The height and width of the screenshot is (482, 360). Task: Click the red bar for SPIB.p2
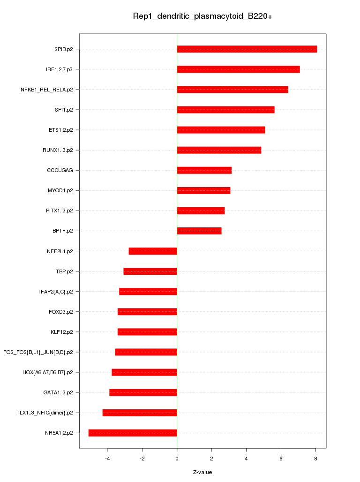(247, 49)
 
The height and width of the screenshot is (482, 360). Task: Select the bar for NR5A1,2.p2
(133, 433)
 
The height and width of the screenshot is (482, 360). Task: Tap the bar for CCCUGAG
(204, 170)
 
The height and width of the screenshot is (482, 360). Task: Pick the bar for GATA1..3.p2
(143, 392)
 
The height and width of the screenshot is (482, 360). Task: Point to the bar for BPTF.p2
(199, 231)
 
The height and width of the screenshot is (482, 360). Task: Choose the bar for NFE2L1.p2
(153, 251)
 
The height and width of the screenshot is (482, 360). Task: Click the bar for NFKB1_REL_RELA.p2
(232, 90)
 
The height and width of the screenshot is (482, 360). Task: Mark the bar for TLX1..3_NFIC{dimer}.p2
(140, 413)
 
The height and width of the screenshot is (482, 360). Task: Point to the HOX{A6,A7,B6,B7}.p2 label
(47, 372)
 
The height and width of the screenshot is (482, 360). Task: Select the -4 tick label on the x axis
(107, 458)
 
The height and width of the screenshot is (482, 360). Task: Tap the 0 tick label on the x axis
(177, 458)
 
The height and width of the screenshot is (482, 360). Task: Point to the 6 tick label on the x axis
(281, 458)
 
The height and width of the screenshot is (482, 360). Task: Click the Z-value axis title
(202, 472)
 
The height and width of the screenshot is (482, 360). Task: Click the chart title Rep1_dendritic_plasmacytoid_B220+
(202, 16)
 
